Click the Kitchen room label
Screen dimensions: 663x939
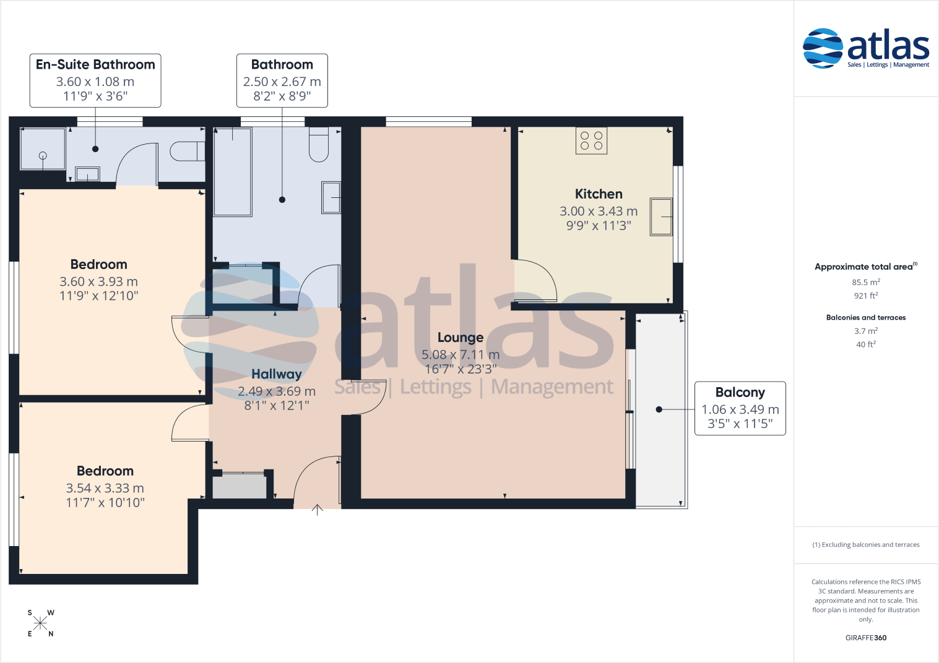(599, 194)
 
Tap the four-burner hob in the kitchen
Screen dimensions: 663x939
(591, 140)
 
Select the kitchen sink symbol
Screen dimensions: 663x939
(661, 216)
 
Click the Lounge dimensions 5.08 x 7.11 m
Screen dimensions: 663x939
(461, 354)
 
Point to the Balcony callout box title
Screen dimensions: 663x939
(740, 392)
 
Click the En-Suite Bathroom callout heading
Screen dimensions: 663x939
(95, 64)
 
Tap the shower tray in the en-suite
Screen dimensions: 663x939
(43, 148)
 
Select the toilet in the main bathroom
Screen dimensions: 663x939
(319, 145)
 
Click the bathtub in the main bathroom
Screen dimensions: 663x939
(232, 172)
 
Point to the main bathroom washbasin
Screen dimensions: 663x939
(332, 197)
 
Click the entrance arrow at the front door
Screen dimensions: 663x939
(317, 510)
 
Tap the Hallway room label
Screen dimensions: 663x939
(277, 374)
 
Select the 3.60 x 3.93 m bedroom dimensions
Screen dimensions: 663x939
(98, 281)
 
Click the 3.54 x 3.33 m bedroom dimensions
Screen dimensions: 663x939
(105, 488)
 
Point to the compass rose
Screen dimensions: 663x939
(40, 623)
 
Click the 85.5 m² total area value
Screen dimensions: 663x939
(865, 282)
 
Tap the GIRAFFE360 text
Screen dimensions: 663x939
(865, 638)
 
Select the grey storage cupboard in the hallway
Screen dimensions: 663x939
(240, 486)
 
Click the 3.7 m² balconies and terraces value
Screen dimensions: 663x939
(865, 331)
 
